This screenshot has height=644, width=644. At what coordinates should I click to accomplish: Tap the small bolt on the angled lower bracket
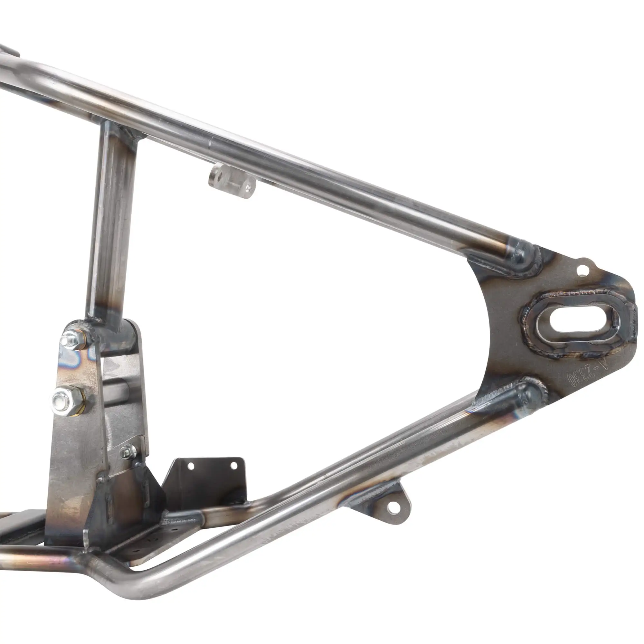(x=127, y=452)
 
